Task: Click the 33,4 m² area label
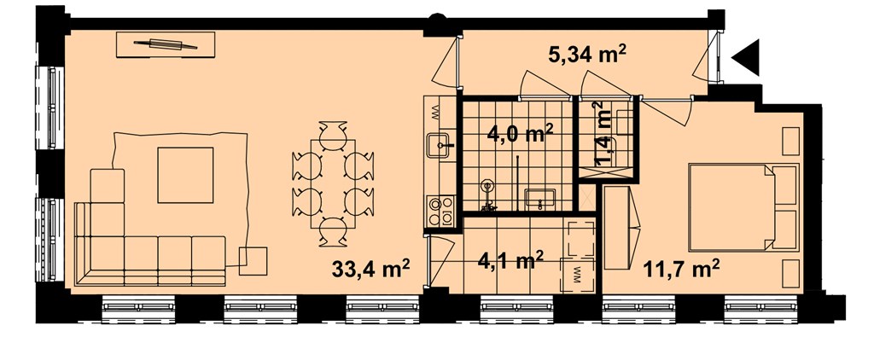point(370,270)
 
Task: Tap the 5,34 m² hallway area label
point(589,55)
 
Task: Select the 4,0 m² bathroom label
point(520,134)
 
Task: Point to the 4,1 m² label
point(511,260)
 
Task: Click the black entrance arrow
point(746,57)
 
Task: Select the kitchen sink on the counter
point(440,146)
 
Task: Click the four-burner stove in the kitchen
point(440,211)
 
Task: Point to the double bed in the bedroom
point(743,206)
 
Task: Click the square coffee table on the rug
point(185,175)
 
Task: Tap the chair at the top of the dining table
point(334,135)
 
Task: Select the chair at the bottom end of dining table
point(334,232)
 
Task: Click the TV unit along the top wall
point(166,44)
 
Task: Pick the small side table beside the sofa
point(253,261)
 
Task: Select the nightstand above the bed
point(791,142)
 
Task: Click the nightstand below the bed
point(791,273)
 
